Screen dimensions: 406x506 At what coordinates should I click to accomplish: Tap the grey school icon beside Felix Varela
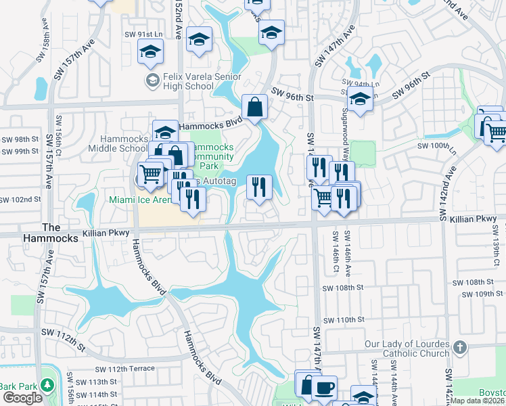152,81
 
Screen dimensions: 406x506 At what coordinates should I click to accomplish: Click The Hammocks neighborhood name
61,233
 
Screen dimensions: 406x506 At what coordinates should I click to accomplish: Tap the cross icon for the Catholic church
460,348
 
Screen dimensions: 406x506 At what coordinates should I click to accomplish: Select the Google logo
22,398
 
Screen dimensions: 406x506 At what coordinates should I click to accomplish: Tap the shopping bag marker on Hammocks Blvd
254,107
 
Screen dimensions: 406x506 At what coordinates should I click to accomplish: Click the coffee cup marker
325,387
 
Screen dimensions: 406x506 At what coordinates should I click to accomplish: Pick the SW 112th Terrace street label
124,369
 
